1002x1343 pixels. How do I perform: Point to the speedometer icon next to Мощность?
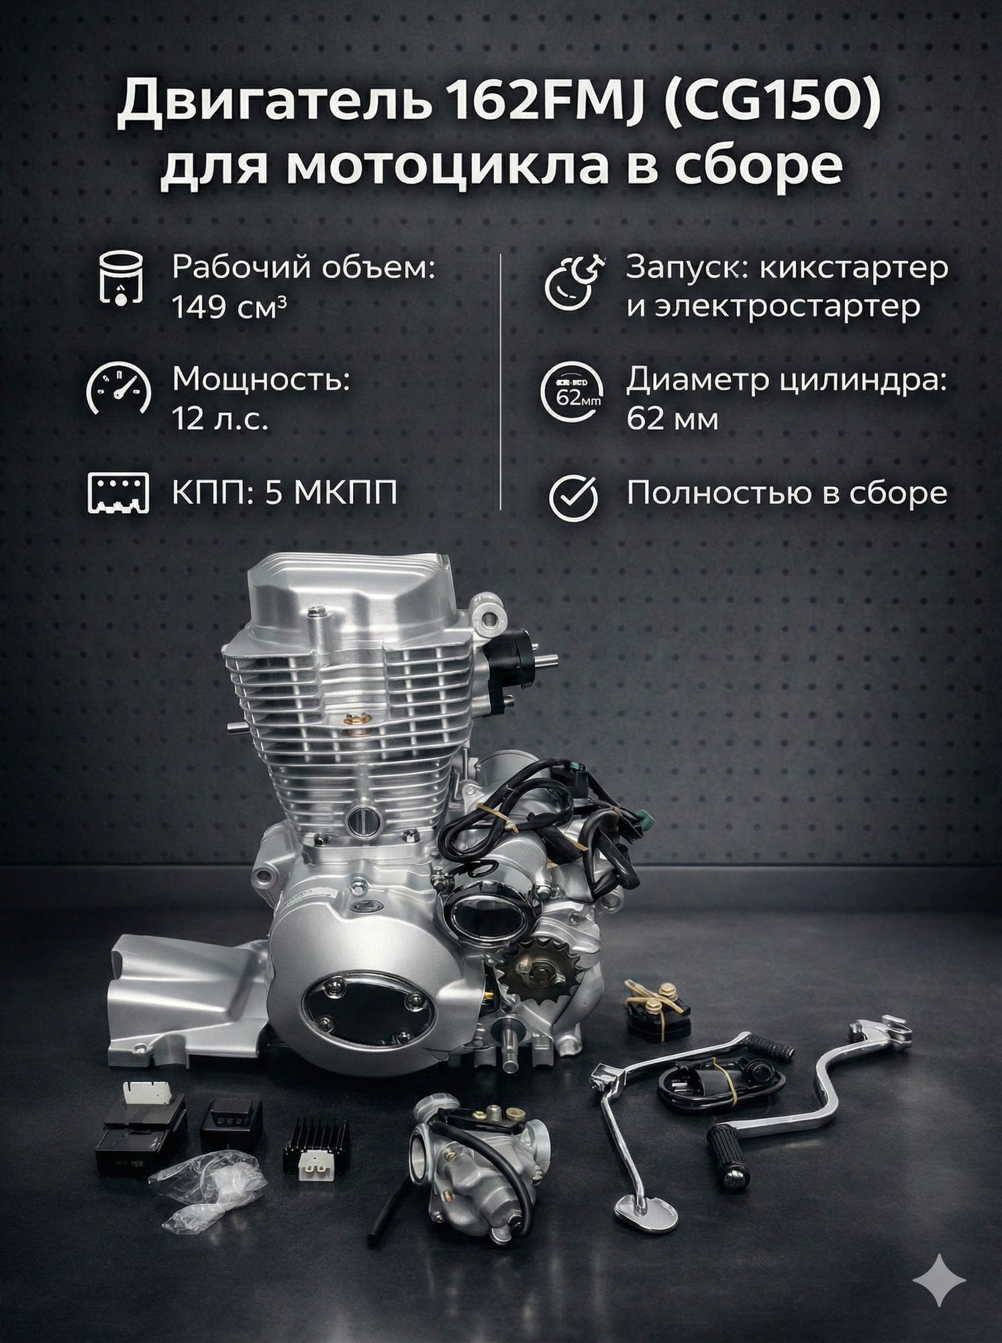click(118, 391)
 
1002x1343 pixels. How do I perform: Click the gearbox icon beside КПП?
click(118, 495)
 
